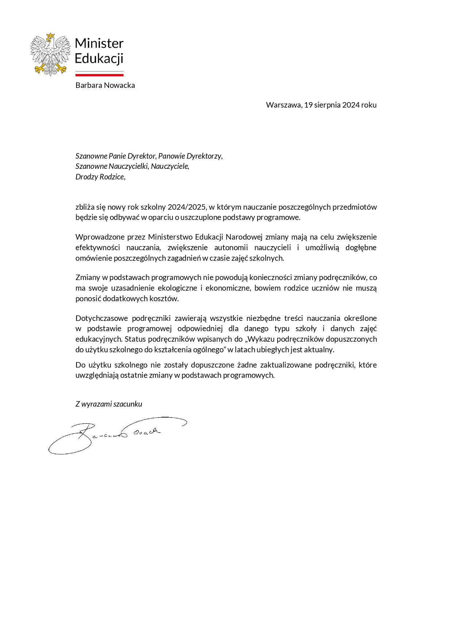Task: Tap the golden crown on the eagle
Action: point(50,36)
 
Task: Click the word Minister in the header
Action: point(99,43)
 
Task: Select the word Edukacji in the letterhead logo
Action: point(99,58)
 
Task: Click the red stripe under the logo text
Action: point(100,75)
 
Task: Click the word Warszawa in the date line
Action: point(283,105)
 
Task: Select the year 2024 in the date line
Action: point(351,105)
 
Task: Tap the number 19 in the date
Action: point(308,105)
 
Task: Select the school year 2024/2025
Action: point(187,207)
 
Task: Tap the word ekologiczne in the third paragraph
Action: point(178,288)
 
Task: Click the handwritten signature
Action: point(117,434)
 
